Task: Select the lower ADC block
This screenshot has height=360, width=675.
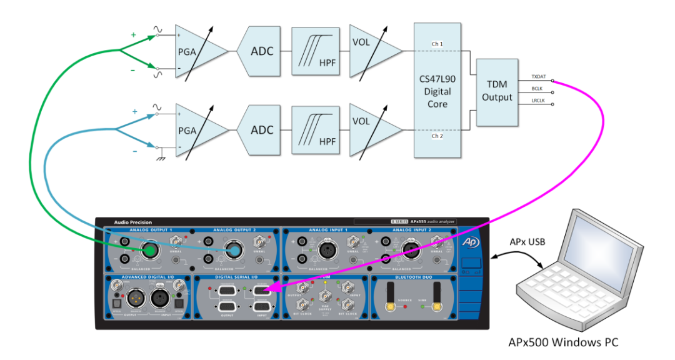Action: coord(261,131)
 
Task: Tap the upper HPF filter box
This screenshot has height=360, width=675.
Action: coord(316,51)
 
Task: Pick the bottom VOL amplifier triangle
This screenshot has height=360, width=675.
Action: coord(369,130)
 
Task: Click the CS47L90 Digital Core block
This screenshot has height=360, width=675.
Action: coord(437,91)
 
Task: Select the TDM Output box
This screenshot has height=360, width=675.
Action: coord(497,92)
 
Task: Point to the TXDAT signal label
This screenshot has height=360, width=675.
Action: coord(538,76)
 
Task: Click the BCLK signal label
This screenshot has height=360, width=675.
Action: coord(537,89)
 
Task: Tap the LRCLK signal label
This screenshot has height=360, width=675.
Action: coord(537,101)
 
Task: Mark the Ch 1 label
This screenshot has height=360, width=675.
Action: coord(437,44)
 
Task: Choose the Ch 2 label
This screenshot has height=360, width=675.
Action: coord(437,136)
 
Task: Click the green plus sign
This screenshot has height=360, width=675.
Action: coord(133,36)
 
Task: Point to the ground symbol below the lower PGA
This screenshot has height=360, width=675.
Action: coord(161,159)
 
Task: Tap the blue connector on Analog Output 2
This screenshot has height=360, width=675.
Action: coord(235,251)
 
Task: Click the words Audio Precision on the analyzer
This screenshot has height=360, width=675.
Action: coord(132,222)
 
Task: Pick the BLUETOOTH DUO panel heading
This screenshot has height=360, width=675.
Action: coord(413,277)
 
